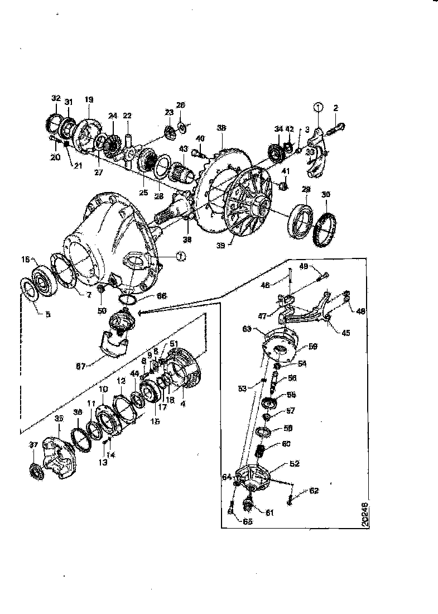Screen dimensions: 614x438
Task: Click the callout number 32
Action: point(55,98)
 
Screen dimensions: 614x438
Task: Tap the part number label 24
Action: point(113,116)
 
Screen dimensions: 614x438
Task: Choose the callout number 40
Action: point(200,139)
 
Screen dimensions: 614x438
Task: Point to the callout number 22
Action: point(127,116)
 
